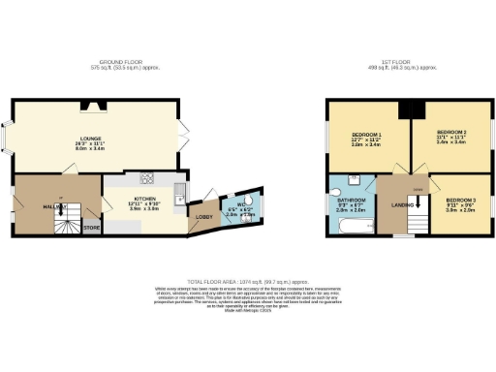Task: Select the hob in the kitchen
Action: click(x=149, y=178)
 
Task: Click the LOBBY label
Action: click(x=204, y=216)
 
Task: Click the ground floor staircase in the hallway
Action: click(x=65, y=225)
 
